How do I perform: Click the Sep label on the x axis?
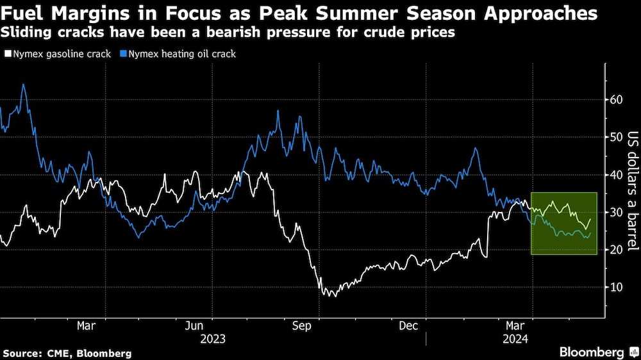(x=301, y=326)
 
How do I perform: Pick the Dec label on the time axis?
(x=409, y=326)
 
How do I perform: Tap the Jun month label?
(x=194, y=326)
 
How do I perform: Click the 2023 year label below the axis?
(x=213, y=339)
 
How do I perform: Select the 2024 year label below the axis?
(x=515, y=339)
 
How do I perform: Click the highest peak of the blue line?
(x=23, y=85)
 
